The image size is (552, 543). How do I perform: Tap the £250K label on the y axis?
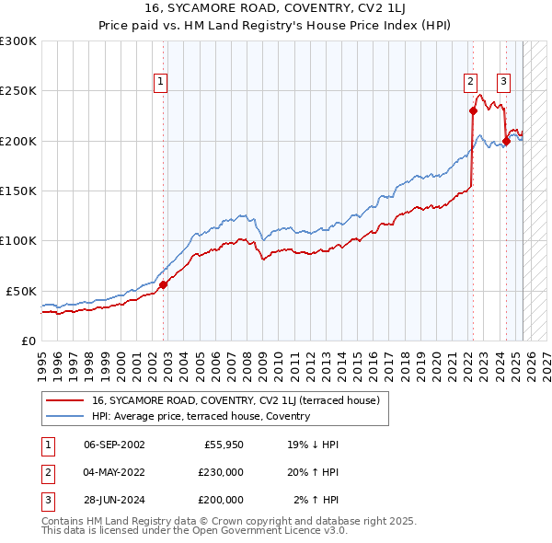17,91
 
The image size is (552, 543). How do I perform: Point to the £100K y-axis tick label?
17,240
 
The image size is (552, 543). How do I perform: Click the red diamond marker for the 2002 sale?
164,285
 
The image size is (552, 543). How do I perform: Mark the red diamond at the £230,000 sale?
473,111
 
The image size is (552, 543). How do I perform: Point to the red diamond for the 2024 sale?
506,141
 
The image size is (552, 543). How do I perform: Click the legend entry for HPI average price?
200,416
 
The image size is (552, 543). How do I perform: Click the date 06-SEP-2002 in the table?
114,445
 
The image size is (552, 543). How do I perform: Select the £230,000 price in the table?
221,472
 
